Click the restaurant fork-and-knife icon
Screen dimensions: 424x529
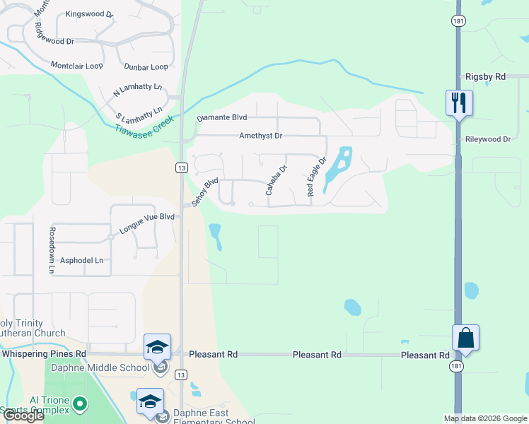coord(459,102)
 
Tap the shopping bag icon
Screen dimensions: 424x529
coord(466,337)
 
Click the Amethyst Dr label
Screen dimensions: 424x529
coord(260,136)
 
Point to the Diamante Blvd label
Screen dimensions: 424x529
coord(221,118)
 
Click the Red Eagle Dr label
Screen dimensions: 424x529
coord(316,177)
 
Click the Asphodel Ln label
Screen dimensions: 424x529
coord(81,260)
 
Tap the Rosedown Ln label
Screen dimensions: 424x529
coord(52,250)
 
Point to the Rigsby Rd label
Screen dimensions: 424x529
coord(485,76)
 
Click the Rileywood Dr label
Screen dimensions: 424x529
coord(488,139)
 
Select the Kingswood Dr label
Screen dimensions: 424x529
coord(89,14)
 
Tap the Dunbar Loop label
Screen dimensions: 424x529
coord(146,67)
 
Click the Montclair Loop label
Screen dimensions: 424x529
coord(76,66)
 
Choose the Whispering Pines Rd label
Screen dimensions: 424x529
coord(44,353)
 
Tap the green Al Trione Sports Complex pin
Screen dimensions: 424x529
coord(80,404)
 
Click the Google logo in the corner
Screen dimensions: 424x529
coord(23,416)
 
